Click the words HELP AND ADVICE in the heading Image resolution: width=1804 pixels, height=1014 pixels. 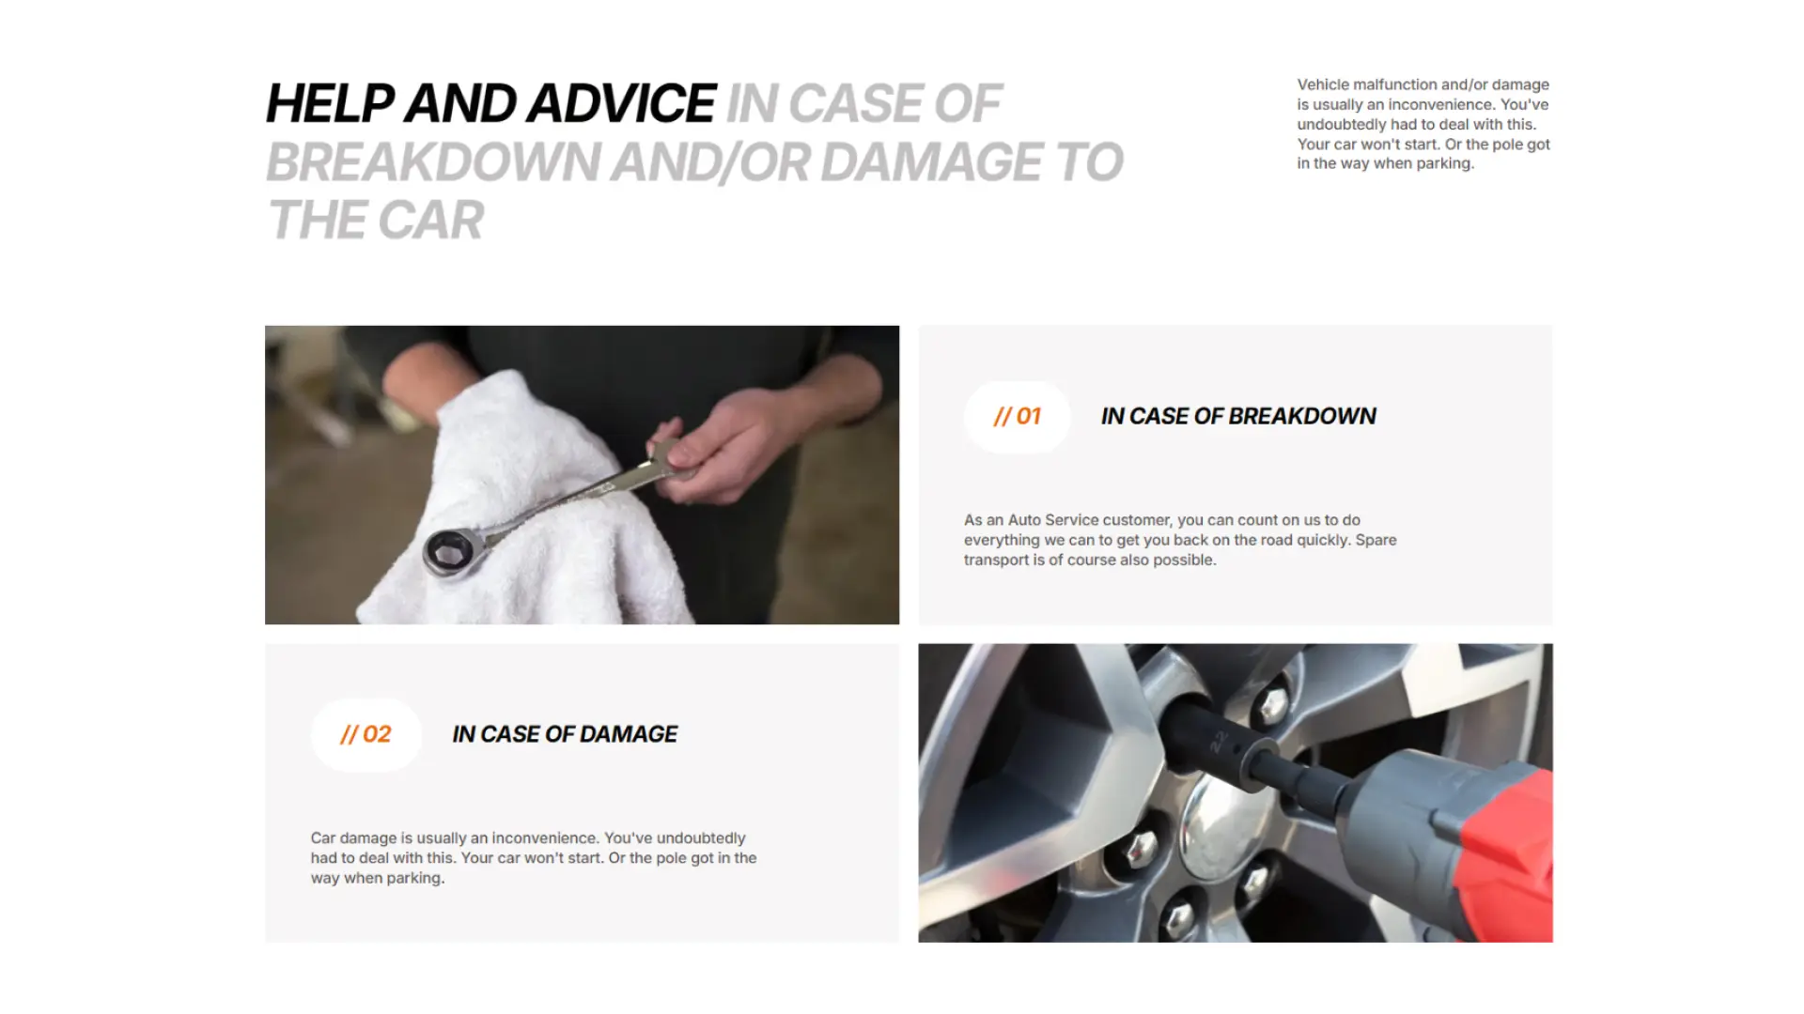tap(490, 103)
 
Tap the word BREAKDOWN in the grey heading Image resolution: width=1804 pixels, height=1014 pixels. tap(433, 162)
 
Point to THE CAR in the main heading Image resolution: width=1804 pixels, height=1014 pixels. tap(376, 221)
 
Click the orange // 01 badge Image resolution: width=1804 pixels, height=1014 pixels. tap(1017, 417)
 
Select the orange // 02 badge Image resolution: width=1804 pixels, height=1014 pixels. tap(365, 735)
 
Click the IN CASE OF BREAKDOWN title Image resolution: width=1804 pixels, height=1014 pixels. tap(1238, 417)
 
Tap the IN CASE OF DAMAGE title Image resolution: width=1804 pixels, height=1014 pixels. tap(565, 734)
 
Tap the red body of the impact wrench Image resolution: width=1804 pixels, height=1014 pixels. tap(1503, 845)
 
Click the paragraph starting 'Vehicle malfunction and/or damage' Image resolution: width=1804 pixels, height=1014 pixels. tap(1423, 124)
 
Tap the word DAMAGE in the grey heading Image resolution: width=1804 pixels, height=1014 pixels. tap(930, 162)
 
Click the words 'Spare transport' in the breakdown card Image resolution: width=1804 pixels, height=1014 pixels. tap(1180, 550)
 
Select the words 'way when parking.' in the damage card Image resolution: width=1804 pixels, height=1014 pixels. tap(378, 879)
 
